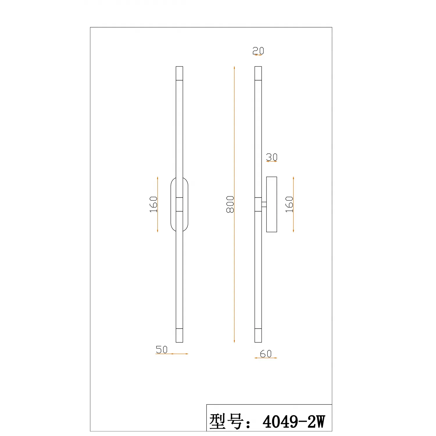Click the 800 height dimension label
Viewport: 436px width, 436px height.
click(230, 204)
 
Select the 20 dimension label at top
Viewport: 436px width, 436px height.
click(258, 51)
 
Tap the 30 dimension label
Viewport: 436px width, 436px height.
click(271, 157)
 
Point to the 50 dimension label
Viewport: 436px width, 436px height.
click(162, 349)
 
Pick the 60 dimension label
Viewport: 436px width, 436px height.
click(266, 353)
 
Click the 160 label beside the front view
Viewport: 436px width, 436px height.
click(153, 204)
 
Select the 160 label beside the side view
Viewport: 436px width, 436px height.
click(289, 204)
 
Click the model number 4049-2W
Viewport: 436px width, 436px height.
click(294, 421)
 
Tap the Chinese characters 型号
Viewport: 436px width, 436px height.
click(226, 421)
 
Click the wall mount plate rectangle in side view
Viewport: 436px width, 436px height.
click(271, 204)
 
